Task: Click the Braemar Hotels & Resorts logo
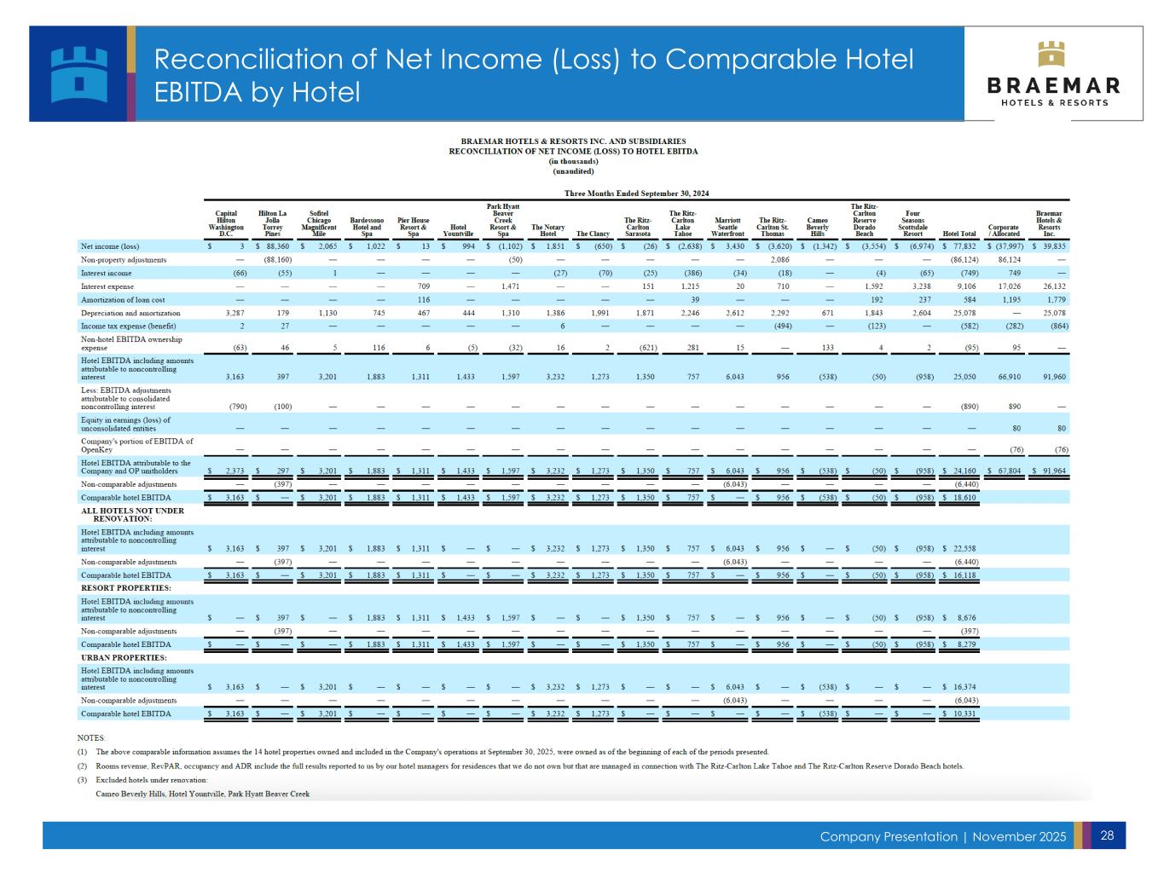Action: click(x=1053, y=73)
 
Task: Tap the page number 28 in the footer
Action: click(x=1107, y=835)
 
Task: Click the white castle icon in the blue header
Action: click(x=79, y=73)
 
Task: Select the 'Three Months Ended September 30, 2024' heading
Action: click(x=637, y=194)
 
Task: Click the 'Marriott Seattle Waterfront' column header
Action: click(x=727, y=224)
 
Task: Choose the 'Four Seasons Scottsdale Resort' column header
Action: click(x=912, y=224)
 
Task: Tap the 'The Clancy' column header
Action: click(x=592, y=234)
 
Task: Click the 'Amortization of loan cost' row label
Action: click(x=123, y=300)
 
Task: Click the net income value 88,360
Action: click(x=277, y=246)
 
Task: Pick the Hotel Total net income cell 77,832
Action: click(x=961, y=246)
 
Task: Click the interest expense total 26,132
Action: click(x=1051, y=286)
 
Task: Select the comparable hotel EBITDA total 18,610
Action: click(x=962, y=498)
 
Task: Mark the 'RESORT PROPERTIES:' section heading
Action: click(x=126, y=588)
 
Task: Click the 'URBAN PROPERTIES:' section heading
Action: click(x=125, y=657)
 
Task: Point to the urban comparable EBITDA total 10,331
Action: click(x=962, y=713)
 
